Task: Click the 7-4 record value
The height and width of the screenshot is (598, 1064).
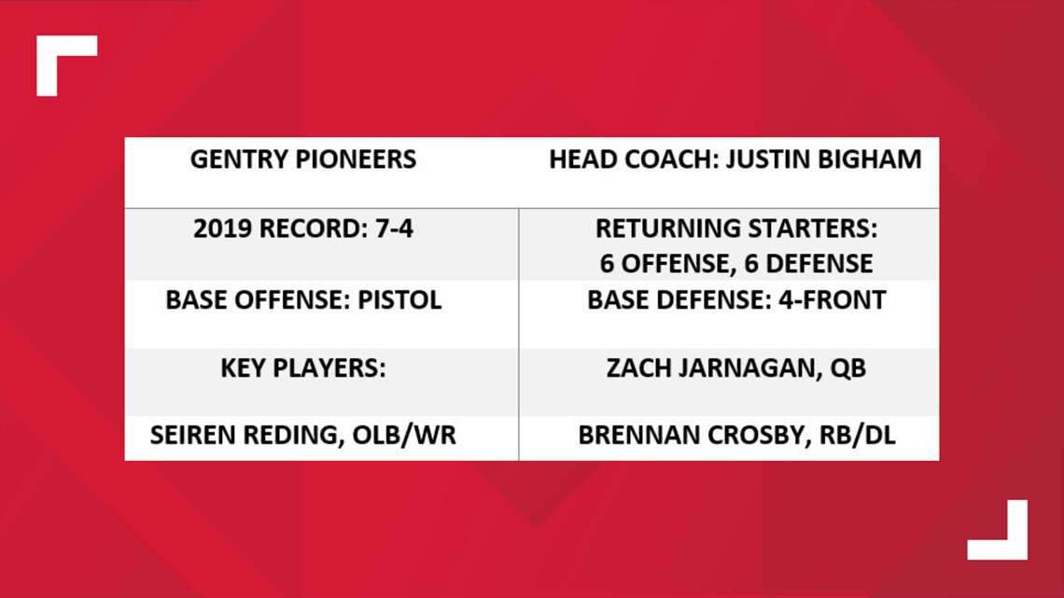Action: (x=394, y=229)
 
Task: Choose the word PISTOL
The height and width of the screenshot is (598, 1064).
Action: (x=399, y=299)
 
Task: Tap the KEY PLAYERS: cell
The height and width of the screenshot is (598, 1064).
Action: (x=303, y=369)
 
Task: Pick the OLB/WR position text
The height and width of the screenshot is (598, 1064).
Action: (x=404, y=436)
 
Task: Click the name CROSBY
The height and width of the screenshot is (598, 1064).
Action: (x=755, y=436)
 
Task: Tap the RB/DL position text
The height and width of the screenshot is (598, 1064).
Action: (x=858, y=436)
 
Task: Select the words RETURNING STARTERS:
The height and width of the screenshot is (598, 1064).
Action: (x=736, y=229)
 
